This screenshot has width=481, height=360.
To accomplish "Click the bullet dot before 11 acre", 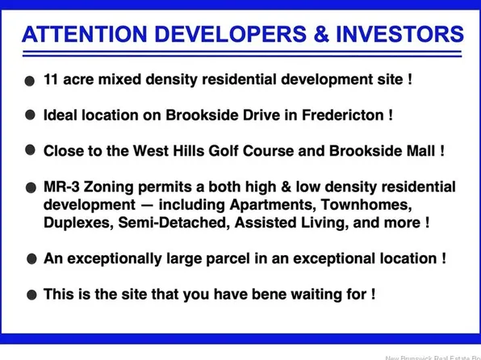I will tap(30, 81).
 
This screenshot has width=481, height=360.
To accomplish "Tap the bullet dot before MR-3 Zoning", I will tap(30, 186).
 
